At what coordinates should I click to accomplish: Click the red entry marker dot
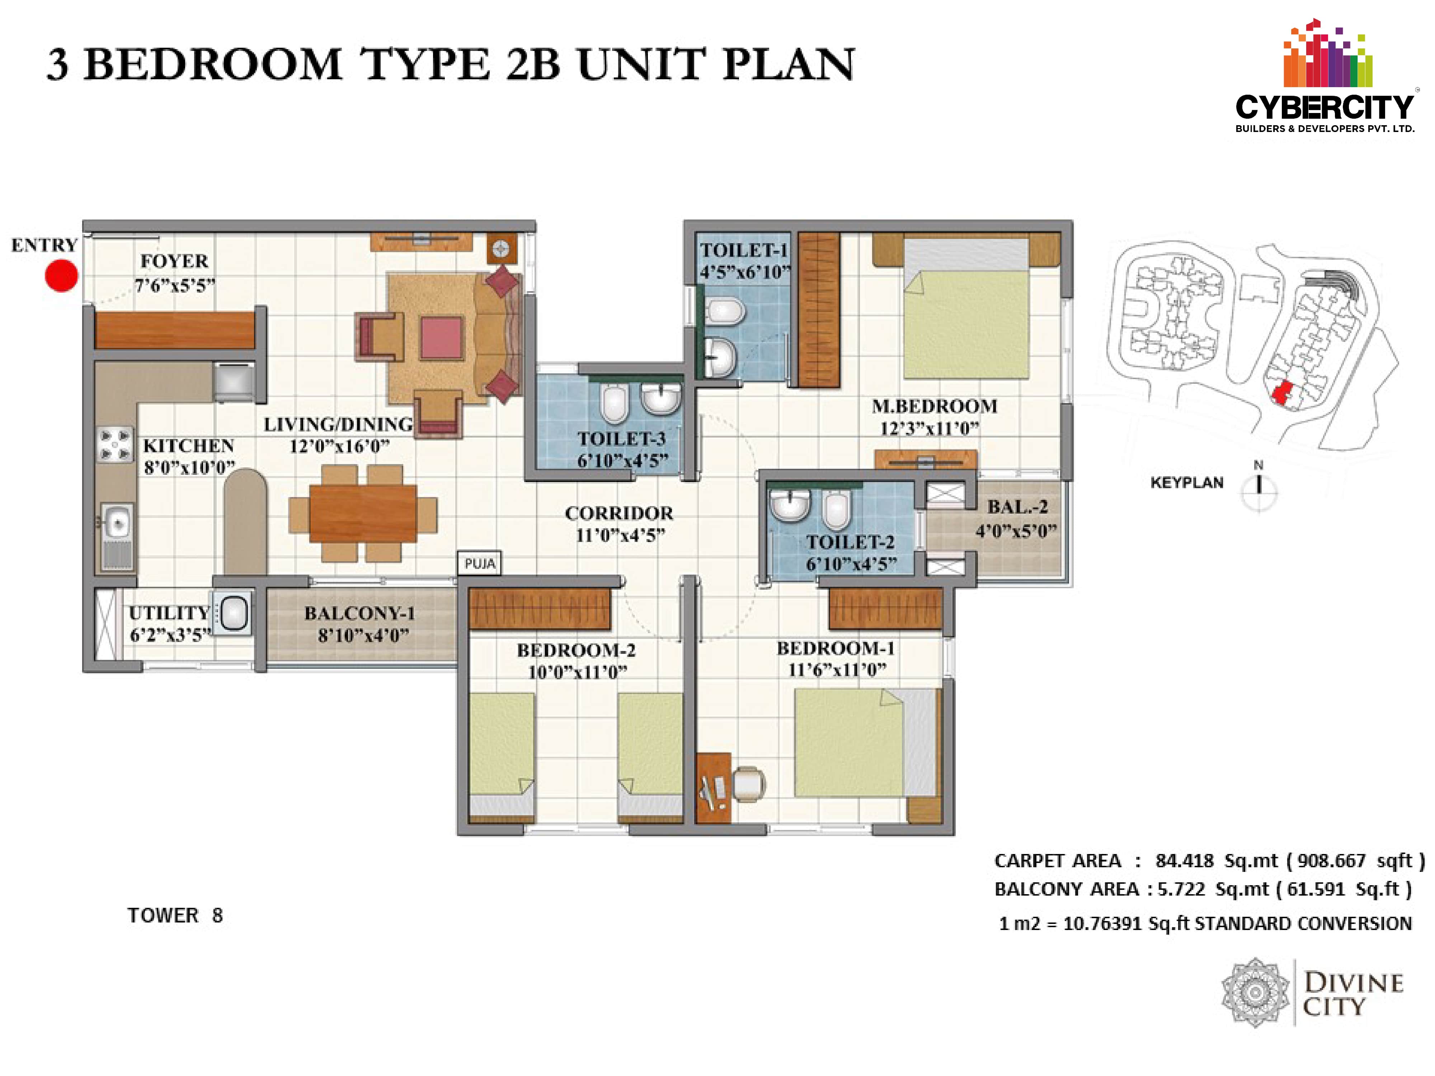click(62, 276)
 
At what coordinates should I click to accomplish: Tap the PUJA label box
click(479, 563)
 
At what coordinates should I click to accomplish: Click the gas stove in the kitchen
click(115, 444)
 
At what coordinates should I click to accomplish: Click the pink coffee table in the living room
click(441, 337)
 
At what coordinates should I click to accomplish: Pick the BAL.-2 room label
click(1017, 506)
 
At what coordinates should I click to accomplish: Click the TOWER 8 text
click(175, 915)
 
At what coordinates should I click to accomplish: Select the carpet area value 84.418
click(1184, 861)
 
